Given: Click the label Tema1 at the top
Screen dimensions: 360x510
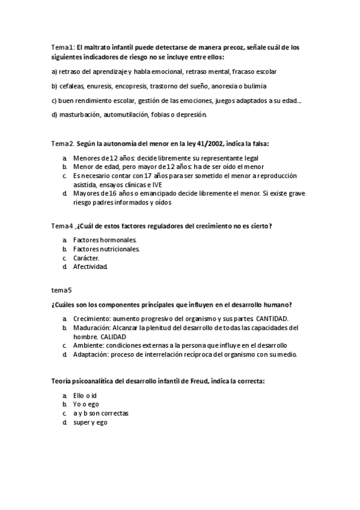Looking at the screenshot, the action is pyautogui.click(x=63, y=47).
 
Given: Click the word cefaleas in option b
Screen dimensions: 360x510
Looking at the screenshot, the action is pyautogui.click(x=72, y=86).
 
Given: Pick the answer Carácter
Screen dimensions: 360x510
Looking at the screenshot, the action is pyautogui.click(x=86, y=257).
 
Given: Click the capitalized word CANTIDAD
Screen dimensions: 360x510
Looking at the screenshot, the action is pyautogui.click(x=272, y=318).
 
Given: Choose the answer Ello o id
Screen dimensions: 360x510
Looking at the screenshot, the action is pyautogui.click(x=85, y=396).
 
